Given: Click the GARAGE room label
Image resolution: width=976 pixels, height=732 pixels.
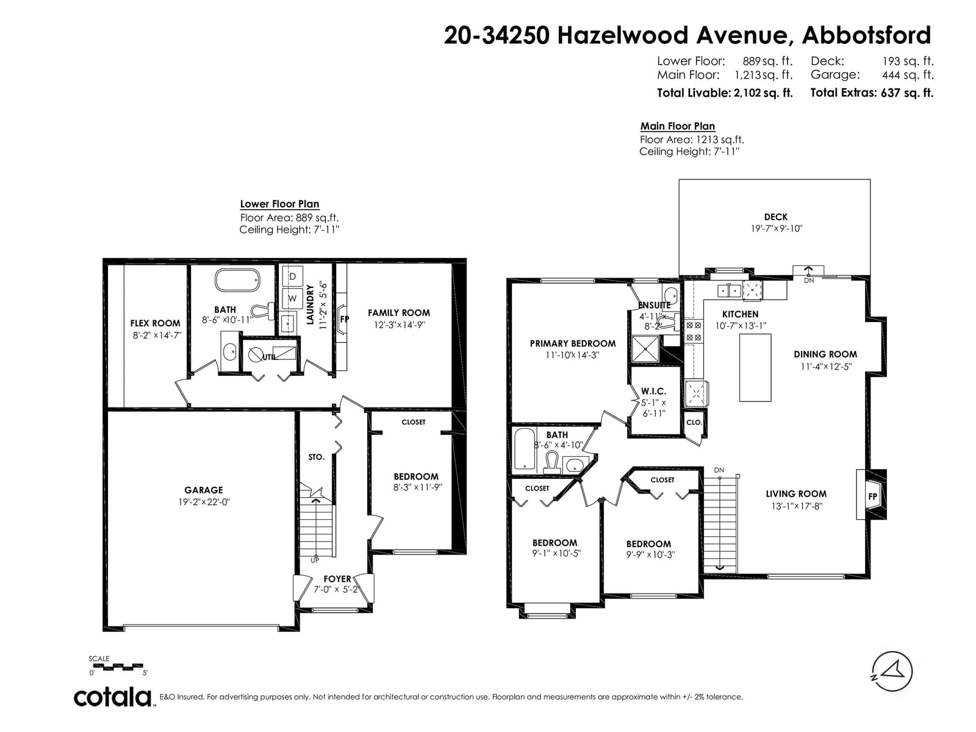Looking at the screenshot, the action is (x=204, y=490).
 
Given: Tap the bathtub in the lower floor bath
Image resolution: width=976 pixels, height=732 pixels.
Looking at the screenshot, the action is (x=237, y=280).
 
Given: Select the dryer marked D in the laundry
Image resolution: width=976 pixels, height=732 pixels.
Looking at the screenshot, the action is (x=293, y=276).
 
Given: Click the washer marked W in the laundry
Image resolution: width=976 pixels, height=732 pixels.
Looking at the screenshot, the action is (x=293, y=298).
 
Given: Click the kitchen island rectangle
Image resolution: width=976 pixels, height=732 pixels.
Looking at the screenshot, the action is (x=755, y=367).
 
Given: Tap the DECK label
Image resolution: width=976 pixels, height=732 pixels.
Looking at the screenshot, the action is (x=775, y=217).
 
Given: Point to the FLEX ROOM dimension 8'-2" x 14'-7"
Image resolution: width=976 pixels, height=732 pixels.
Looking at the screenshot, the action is (x=157, y=335).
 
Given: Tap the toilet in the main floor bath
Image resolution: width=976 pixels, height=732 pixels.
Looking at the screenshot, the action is (x=552, y=462).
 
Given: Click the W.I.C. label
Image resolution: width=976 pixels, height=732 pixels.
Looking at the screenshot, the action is (x=653, y=392).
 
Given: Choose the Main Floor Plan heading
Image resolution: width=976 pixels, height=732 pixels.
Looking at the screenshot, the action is (x=677, y=126).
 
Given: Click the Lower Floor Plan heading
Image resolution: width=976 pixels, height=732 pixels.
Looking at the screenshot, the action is (x=279, y=204).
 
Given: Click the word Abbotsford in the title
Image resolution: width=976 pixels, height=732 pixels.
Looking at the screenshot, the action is (x=866, y=35).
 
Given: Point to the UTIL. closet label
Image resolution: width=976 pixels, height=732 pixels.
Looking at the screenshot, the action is (x=270, y=357).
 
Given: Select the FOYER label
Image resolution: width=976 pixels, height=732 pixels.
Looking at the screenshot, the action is (x=337, y=579).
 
